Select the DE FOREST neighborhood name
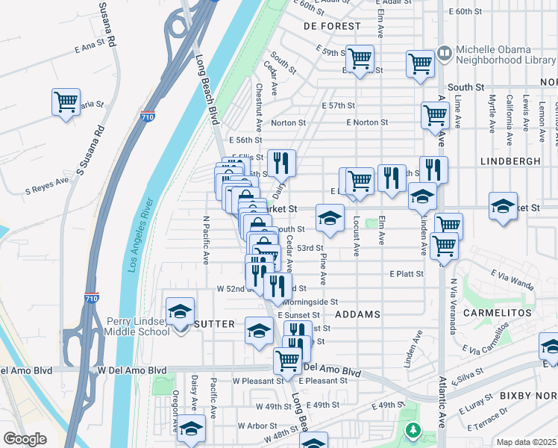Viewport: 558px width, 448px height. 333,26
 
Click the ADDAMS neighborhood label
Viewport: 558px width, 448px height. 358,314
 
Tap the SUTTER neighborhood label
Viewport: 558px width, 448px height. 214,324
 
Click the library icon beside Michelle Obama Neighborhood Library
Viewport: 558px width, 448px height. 445,53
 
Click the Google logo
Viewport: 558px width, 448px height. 25,439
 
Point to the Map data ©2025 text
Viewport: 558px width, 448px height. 527,442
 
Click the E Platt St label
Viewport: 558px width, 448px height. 407,274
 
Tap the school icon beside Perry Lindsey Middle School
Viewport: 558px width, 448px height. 180,311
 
